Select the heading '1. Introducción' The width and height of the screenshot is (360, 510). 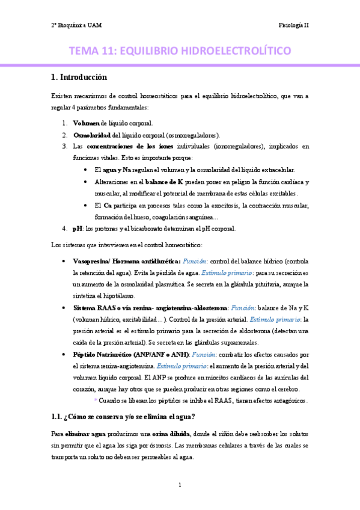[79, 77]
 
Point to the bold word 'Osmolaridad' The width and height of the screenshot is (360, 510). [93, 135]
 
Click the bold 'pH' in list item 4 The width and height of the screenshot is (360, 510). [76, 229]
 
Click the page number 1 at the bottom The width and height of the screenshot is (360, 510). [180, 485]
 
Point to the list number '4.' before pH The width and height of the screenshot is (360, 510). [64, 229]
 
